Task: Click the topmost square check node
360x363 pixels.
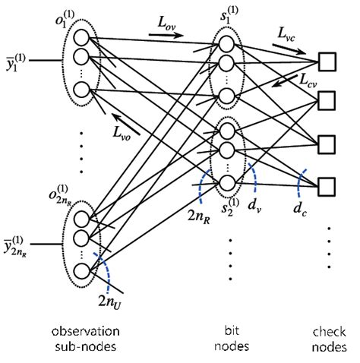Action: (327, 59)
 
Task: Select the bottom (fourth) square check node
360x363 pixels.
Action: (327, 185)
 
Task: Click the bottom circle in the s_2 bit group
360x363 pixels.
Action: (226, 182)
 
